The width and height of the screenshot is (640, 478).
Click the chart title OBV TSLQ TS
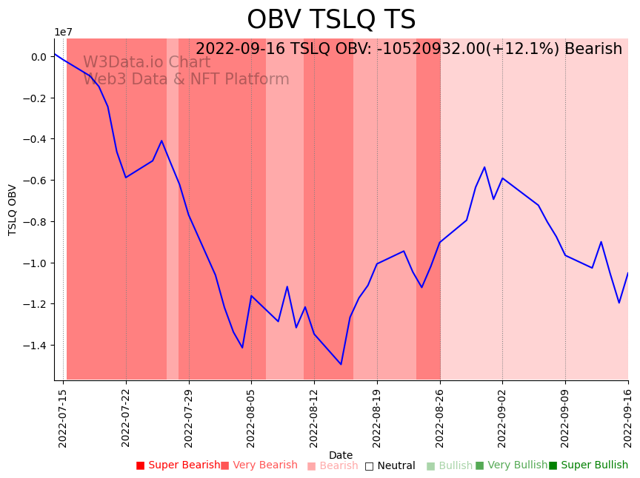(x=331, y=20)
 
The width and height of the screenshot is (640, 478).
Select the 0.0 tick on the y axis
(x=39, y=57)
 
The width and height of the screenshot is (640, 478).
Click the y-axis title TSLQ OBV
(x=13, y=210)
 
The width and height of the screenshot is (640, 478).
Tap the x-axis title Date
(x=341, y=455)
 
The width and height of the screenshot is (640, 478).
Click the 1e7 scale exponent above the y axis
(x=63, y=32)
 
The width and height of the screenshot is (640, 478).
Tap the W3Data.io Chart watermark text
(x=147, y=63)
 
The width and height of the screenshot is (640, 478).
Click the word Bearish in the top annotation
(x=593, y=50)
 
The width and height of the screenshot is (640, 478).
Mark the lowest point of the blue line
(x=341, y=364)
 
